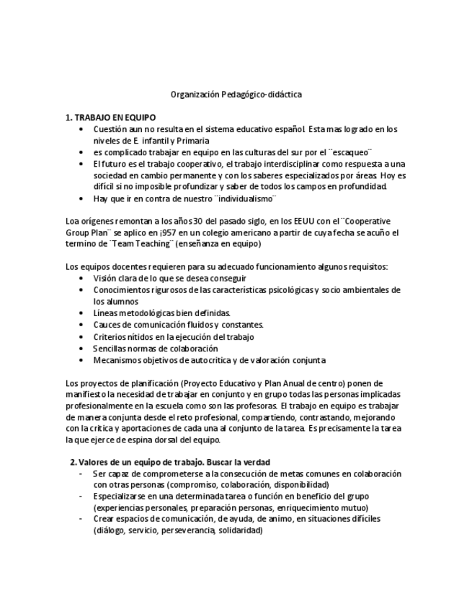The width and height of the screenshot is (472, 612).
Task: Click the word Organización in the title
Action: coord(192,95)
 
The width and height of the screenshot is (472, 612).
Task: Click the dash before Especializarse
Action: coord(81,497)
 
